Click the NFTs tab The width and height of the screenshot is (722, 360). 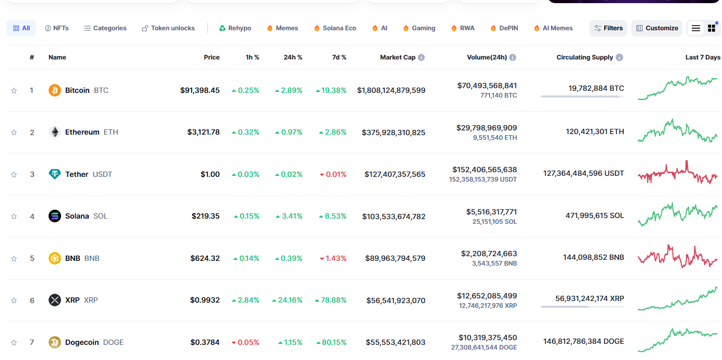click(57, 28)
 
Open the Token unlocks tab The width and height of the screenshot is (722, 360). click(168, 28)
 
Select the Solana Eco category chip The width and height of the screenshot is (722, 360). click(335, 28)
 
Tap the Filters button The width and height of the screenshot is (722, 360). click(608, 28)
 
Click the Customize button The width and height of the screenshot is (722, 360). click(657, 28)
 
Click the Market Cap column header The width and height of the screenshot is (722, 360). click(398, 57)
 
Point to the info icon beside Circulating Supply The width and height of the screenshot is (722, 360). click(619, 57)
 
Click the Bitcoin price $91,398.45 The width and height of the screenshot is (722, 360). click(200, 90)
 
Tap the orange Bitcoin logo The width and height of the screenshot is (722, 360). click(55, 90)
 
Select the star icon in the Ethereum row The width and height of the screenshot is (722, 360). click(14, 133)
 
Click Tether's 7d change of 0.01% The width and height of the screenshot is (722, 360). click(333, 174)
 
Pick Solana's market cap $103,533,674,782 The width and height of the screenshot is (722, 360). click(394, 217)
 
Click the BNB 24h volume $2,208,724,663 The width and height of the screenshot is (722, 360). click(489, 254)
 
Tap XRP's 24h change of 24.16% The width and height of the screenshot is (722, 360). click(287, 300)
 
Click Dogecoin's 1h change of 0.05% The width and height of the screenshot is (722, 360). click(245, 342)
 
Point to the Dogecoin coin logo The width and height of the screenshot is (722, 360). click(55, 342)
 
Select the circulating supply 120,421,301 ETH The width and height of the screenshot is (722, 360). click(595, 131)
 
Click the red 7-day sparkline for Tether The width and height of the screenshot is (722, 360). click(678, 172)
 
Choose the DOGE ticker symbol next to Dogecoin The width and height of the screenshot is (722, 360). click(113, 342)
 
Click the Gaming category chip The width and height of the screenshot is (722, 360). click(419, 28)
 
